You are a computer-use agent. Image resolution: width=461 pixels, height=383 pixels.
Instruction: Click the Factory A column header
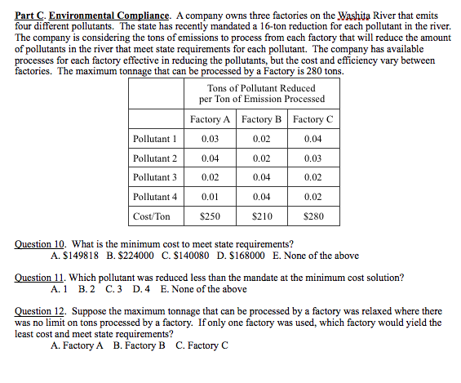[x=210, y=119]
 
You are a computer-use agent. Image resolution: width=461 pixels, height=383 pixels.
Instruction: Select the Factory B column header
[x=262, y=119]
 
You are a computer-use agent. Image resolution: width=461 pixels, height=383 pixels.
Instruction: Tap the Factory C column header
[x=313, y=119]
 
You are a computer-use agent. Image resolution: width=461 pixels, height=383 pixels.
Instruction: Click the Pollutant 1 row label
[x=155, y=139]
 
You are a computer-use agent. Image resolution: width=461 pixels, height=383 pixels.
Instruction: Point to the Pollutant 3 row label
[x=155, y=177]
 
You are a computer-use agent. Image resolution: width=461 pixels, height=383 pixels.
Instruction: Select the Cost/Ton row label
[x=152, y=216]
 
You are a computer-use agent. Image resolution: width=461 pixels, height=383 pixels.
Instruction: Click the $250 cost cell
[x=210, y=216]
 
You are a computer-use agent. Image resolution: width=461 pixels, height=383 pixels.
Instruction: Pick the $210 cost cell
[x=262, y=216]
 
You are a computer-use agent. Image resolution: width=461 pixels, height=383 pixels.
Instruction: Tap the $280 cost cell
[x=313, y=216]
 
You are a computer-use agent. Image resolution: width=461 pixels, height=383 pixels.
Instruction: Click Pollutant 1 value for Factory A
[x=210, y=139]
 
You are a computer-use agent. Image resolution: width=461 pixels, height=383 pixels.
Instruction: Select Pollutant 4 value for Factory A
[x=210, y=197]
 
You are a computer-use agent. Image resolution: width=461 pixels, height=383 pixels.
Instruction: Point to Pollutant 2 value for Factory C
[x=313, y=158]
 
